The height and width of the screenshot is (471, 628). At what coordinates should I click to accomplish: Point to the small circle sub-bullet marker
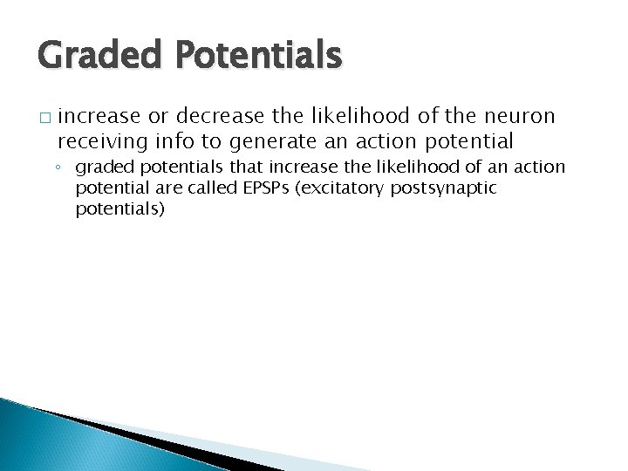tap(64, 167)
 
